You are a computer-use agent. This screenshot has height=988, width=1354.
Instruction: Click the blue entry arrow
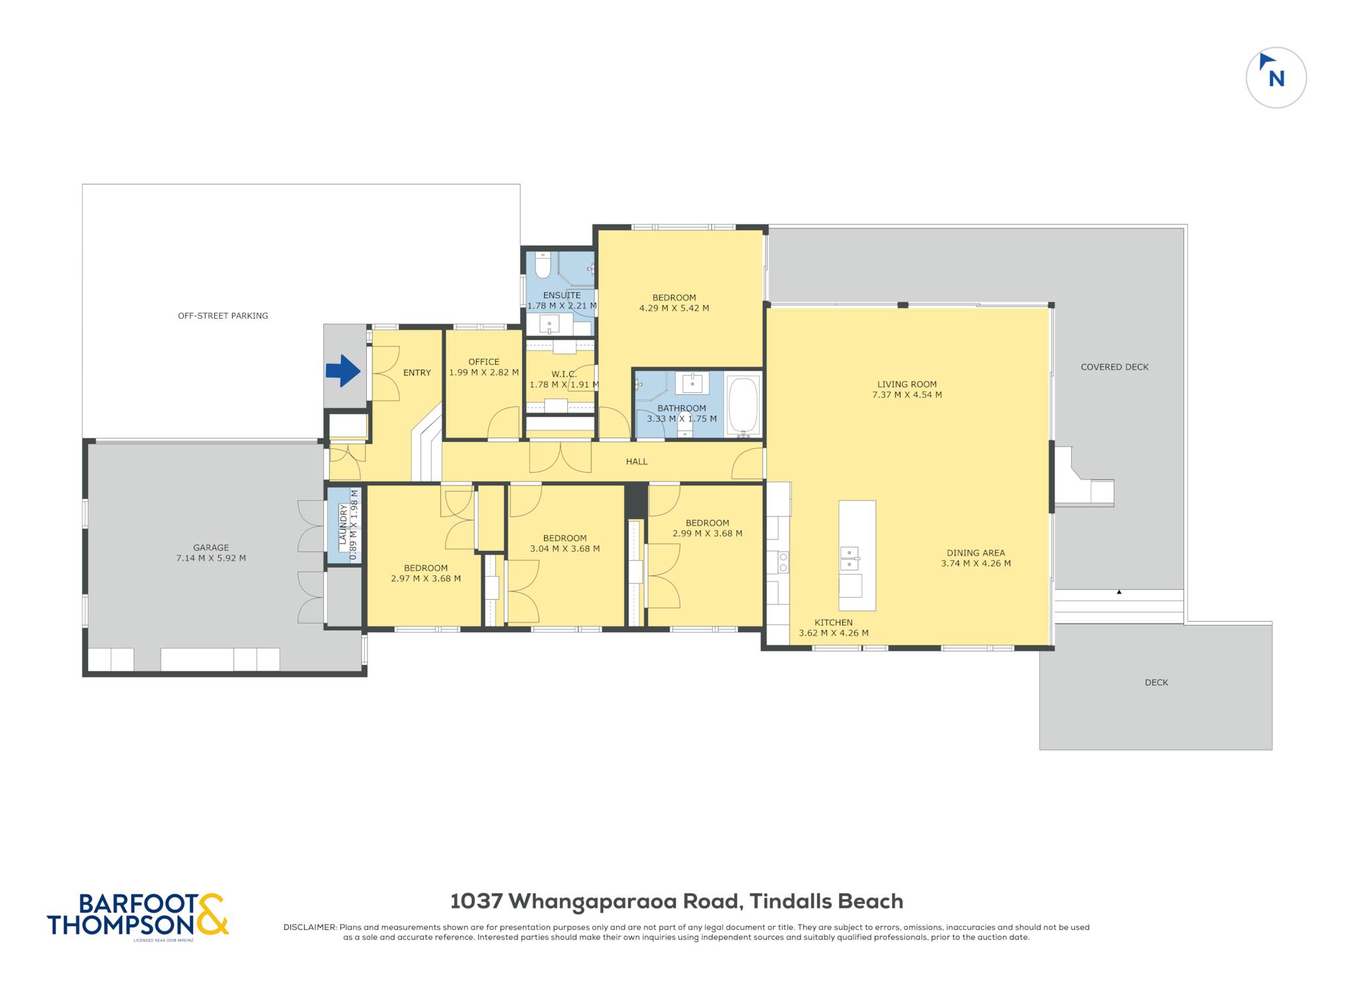tap(342, 371)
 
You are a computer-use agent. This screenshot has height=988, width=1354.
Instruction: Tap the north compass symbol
tap(1275, 77)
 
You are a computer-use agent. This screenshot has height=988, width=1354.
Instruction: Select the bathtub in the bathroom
tap(744, 405)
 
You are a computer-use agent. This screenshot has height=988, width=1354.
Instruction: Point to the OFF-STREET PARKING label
tap(223, 316)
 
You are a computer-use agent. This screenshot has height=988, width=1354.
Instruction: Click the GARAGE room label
tap(211, 548)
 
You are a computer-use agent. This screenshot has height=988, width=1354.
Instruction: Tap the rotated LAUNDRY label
tap(343, 524)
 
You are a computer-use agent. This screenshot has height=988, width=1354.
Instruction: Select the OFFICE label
tap(483, 362)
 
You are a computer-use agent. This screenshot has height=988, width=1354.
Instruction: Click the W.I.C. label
tap(564, 374)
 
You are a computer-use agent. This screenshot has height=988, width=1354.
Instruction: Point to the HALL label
tap(637, 462)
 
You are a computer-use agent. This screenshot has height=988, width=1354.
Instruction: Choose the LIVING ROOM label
tap(906, 384)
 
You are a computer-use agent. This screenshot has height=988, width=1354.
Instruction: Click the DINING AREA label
tap(975, 553)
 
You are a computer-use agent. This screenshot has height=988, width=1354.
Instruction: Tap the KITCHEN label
tap(833, 622)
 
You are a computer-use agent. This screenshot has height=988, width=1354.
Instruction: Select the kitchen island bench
tap(857, 556)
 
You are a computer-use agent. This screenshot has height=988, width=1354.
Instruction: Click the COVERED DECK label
tap(1115, 367)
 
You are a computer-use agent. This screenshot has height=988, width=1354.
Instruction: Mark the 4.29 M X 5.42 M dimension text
tap(674, 308)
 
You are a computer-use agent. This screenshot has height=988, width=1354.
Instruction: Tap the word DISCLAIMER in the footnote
tap(309, 927)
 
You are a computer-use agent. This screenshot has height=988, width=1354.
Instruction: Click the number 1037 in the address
tap(477, 901)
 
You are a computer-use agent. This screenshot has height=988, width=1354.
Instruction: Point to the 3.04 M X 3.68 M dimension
tap(565, 549)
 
